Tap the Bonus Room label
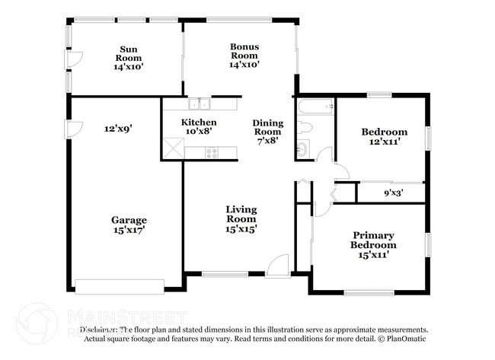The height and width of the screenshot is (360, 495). click(244, 56)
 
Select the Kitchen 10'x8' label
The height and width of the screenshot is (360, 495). click(199, 126)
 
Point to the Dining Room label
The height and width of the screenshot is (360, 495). click(267, 131)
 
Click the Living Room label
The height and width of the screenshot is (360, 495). click(241, 218)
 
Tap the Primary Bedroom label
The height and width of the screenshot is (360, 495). click(373, 245)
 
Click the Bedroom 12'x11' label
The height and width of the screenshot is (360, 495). click(384, 137)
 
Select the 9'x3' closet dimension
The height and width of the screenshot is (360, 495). click(393, 193)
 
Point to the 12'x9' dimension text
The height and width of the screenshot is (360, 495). click(118, 129)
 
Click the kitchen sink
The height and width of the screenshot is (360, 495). click(200, 104)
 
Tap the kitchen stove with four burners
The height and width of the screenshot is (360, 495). click(212, 152)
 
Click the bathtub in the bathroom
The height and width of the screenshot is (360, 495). click(315, 107)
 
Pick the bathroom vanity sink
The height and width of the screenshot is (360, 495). click(302, 148)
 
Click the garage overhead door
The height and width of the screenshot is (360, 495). click(119, 286)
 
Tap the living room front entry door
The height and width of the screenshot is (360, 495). click(278, 266)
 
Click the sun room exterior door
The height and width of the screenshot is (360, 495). click(74, 61)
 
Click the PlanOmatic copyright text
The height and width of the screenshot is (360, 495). click(403, 338)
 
